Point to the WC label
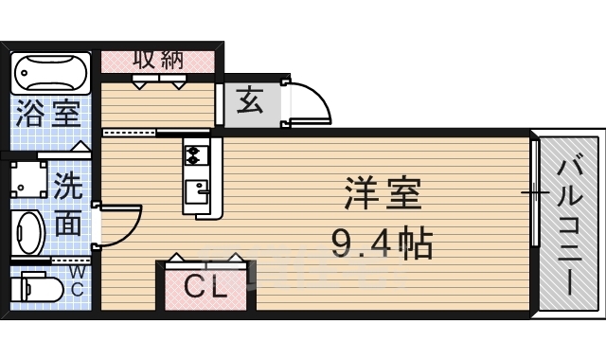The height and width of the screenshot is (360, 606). pyautogui.click(x=78, y=281)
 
